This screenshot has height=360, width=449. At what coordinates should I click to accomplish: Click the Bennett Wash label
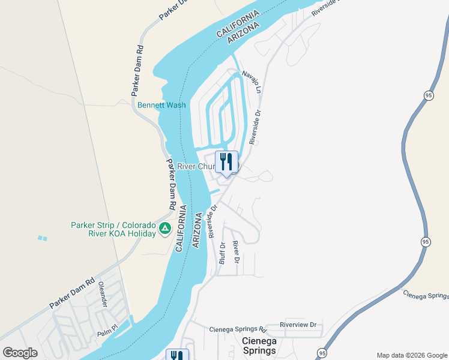tap(161, 105)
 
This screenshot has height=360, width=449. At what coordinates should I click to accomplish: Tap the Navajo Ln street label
tap(252, 82)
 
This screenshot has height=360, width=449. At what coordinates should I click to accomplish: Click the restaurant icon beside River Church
tap(226, 162)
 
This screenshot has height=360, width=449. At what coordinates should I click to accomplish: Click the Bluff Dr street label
tap(221, 254)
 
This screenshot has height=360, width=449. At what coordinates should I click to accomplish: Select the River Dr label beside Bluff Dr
tap(236, 253)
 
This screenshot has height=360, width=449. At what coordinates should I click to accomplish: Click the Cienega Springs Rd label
tap(237, 329)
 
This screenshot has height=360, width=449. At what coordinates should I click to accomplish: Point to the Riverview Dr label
tap(298, 325)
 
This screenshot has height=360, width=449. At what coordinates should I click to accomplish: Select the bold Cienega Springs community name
tap(259, 346)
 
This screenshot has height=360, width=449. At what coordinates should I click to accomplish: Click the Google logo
tap(20, 353)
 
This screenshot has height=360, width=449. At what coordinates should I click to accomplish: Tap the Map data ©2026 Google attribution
tap(411, 355)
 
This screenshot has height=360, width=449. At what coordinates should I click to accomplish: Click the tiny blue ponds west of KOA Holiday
tap(41, 238)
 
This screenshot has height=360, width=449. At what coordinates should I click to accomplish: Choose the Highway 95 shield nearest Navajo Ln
tap(428, 95)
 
